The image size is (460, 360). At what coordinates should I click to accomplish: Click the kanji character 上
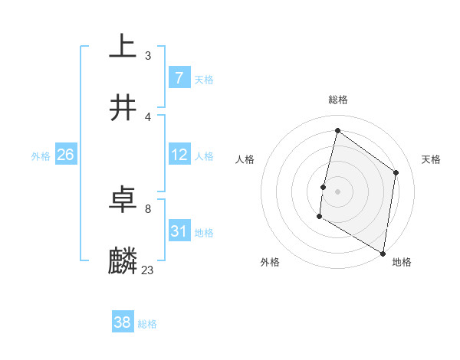click(x=123, y=46)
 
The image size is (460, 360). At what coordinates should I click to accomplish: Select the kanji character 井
click(x=123, y=107)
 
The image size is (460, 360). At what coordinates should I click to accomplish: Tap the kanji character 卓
click(x=123, y=200)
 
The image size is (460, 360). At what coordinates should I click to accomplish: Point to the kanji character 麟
click(x=123, y=260)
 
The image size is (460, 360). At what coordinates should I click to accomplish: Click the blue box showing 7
click(x=179, y=78)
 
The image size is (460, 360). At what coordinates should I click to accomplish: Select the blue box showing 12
click(x=179, y=155)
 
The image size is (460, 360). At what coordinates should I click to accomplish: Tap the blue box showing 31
click(x=179, y=231)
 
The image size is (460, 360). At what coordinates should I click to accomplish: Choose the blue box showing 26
click(x=66, y=155)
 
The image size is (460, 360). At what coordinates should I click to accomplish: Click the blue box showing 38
click(x=123, y=322)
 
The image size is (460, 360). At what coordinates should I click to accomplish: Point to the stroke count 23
click(x=147, y=270)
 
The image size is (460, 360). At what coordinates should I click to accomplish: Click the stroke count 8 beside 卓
click(x=147, y=208)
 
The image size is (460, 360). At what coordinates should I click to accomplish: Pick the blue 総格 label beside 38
click(x=147, y=324)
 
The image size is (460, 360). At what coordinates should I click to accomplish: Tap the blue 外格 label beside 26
click(x=41, y=155)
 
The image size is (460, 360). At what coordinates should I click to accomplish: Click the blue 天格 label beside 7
click(x=204, y=79)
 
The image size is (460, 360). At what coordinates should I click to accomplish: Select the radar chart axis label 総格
click(x=338, y=100)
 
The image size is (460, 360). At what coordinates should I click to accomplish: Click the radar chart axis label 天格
click(x=431, y=159)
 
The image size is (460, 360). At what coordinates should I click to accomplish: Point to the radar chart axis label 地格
click(x=402, y=262)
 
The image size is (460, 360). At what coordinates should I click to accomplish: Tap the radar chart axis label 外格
click(x=270, y=262)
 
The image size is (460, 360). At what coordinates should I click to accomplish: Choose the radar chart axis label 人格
click(x=245, y=159)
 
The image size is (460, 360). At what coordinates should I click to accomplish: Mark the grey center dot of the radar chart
click(x=337, y=191)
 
